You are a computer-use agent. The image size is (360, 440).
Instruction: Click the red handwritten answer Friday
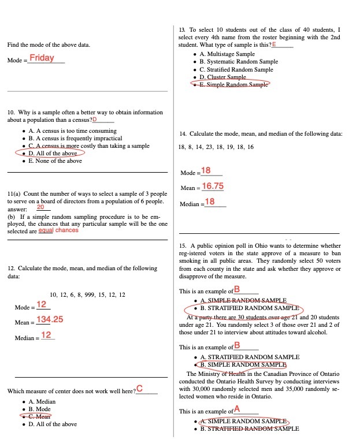point(43,58)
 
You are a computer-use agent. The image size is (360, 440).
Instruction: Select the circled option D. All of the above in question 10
point(53,154)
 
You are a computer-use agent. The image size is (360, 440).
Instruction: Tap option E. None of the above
point(55,161)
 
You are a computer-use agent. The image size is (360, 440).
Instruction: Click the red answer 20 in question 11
point(40,207)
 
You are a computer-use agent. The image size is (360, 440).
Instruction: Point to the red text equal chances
point(58,230)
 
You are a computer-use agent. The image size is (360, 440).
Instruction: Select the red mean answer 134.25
point(50,319)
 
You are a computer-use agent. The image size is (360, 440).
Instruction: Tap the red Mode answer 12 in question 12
point(42,305)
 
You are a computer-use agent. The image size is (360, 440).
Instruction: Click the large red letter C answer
point(139,389)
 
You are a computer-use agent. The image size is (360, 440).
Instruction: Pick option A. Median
point(42,401)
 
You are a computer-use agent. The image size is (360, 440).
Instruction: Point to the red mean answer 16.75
point(213,187)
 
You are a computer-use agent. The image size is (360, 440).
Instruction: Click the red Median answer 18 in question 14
point(210,202)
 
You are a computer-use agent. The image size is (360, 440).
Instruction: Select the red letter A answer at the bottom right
point(237,409)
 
